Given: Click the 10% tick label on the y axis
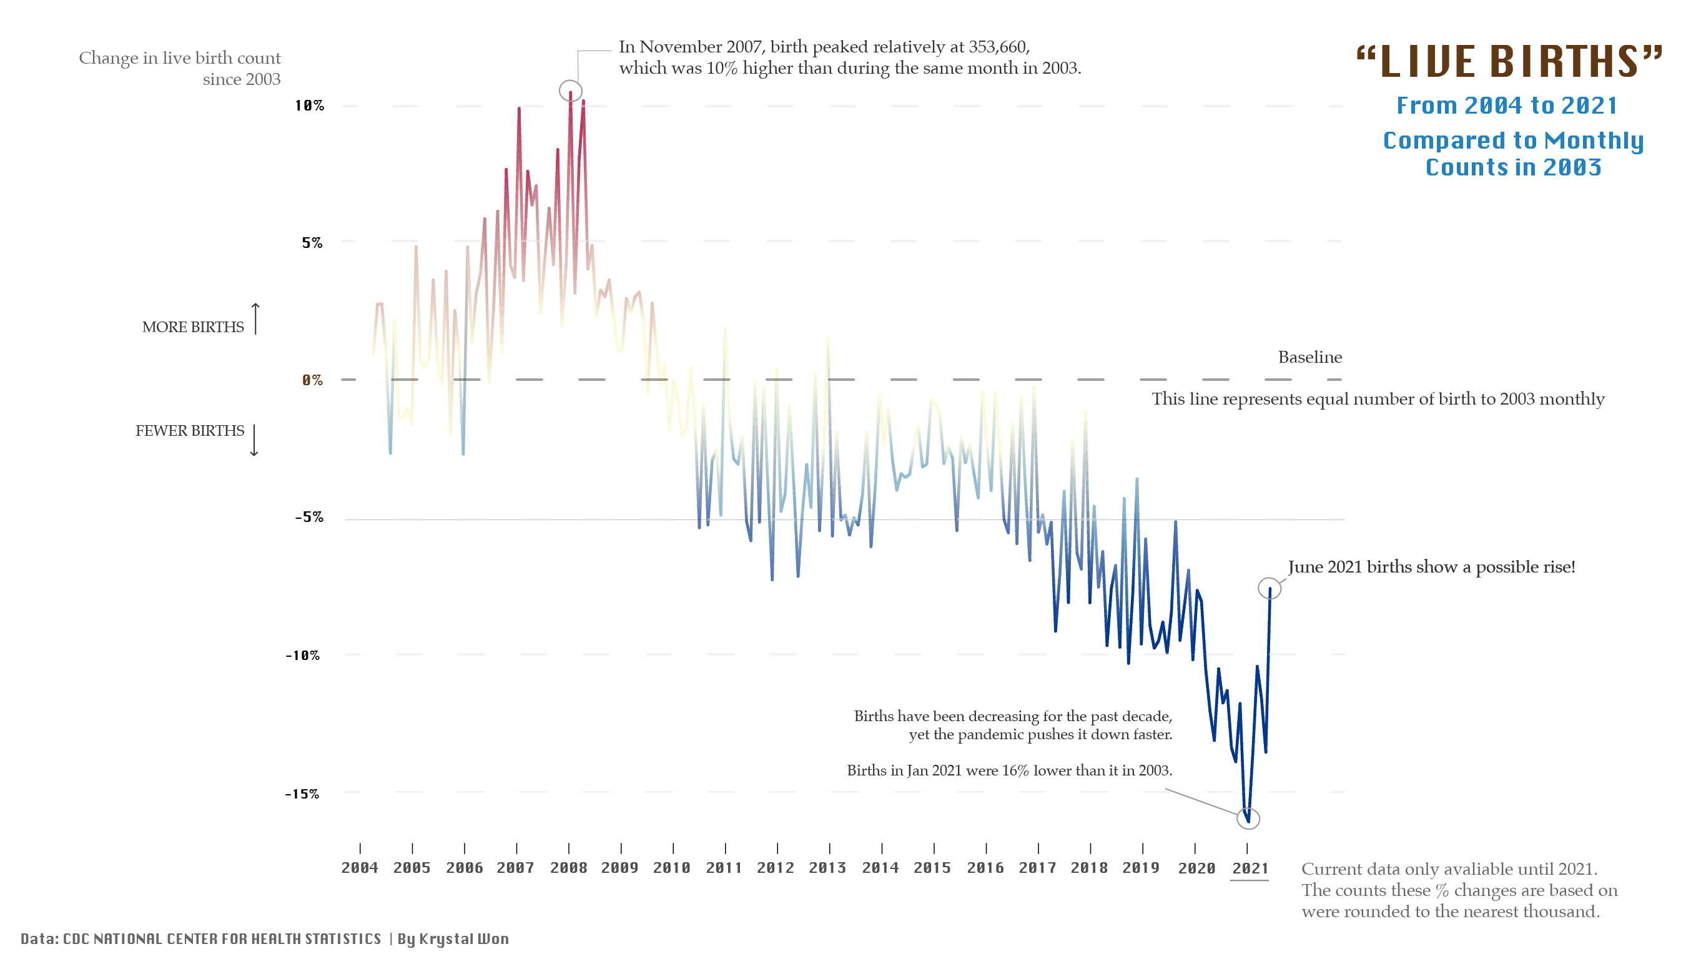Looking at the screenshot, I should tap(309, 106).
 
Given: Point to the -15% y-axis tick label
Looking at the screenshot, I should tap(302, 794).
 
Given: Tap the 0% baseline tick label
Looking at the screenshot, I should tap(312, 380).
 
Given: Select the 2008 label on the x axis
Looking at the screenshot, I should tap(568, 868).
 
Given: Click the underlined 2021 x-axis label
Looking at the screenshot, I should tap(1250, 869).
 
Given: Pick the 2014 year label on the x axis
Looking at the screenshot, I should tap(880, 868).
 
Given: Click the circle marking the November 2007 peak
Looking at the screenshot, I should tap(570, 91).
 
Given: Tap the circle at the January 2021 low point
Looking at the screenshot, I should tap(1248, 819).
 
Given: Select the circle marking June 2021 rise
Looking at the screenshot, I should tap(1269, 588).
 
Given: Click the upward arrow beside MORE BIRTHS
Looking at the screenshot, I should tap(255, 319).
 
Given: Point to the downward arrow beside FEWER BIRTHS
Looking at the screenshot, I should tap(254, 440).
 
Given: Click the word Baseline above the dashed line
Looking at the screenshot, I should tap(1309, 358).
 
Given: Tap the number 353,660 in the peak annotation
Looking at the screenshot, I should tap(997, 47).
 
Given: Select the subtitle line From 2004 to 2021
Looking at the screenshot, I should tap(1507, 106).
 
